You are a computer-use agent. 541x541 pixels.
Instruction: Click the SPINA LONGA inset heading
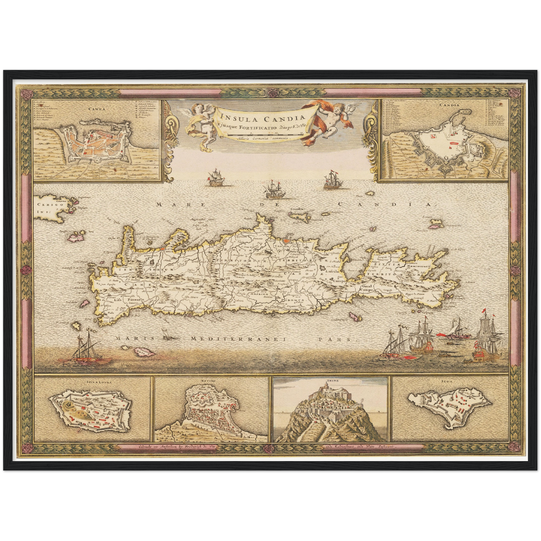pyautogui.click(x=92, y=383)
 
